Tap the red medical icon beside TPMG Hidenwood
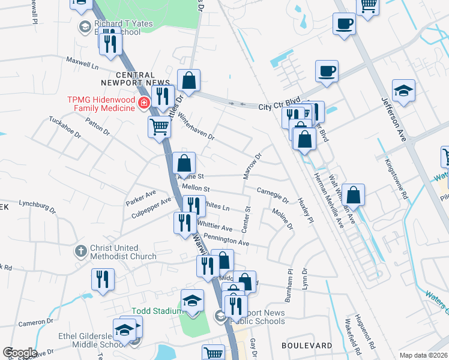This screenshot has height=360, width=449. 143,104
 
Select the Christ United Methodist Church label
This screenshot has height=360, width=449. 114,252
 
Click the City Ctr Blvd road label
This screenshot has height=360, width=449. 279,107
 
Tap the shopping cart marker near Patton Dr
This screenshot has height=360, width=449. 159,127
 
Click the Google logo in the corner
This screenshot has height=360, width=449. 19,353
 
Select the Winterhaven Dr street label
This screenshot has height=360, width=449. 196,127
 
